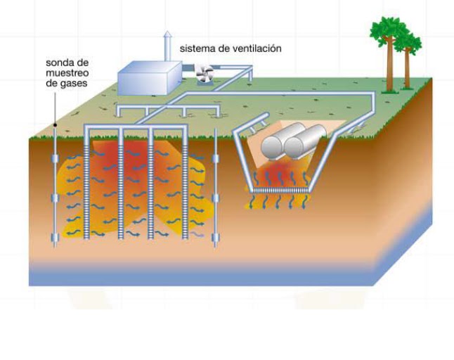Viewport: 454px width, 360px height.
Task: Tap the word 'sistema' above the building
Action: pos(196,49)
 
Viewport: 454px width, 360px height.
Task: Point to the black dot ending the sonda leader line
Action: pos(55,126)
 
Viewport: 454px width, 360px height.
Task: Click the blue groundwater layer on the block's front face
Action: pos(211,275)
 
